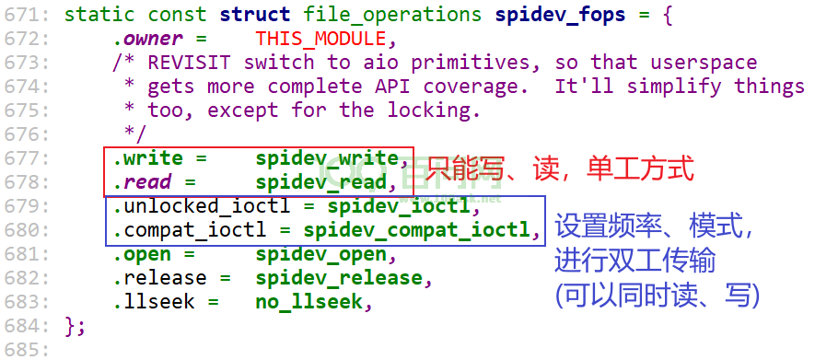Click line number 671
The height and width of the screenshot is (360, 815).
(x=27, y=14)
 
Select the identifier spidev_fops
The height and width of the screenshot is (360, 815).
(x=560, y=16)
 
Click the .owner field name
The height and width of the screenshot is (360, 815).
(x=148, y=39)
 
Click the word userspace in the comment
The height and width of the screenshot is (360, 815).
(x=704, y=64)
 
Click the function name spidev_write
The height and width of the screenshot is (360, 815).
(x=327, y=158)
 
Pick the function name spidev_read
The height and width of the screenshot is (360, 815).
(x=321, y=181)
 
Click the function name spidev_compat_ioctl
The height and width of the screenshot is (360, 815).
(x=417, y=230)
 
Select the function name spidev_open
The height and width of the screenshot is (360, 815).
(x=321, y=254)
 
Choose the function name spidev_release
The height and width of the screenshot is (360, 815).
(x=339, y=278)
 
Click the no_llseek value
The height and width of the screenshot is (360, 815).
(x=309, y=302)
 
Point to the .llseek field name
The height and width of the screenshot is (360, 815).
(x=155, y=302)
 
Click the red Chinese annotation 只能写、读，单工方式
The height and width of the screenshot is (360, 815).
(x=559, y=169)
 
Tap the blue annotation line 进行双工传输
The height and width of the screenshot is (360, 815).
(x=635, y=261)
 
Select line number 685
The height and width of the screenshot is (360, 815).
(x=27, y=349)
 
